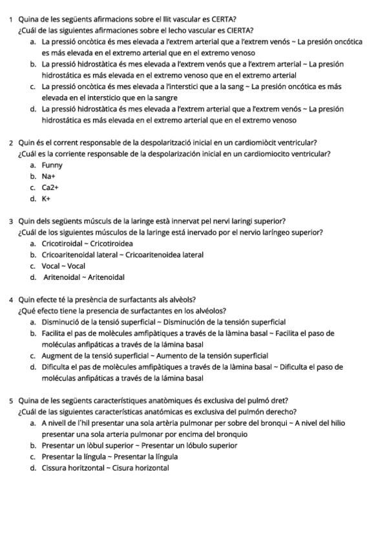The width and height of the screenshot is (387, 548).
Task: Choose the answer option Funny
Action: click(x=52, y=165)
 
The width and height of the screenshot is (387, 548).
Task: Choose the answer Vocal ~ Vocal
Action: click(x=63, y=266)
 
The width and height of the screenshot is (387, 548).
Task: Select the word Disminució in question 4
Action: click(x=63, y=322)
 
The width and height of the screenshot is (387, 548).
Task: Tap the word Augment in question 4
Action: click(x=58, y=355)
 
